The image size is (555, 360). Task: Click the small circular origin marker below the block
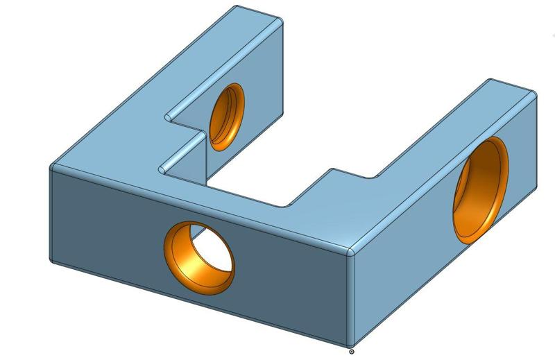[x=352, y=352]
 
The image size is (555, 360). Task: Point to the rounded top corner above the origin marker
[x=352, y=250]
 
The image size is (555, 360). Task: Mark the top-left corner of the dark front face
[x=53, y=167]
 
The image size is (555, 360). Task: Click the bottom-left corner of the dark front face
[x=51, y=262]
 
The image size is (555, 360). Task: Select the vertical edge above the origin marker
[x=350, y=298]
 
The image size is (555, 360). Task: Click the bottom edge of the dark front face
[x=201, y=305]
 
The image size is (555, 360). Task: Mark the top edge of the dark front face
[x=201, y=207]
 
